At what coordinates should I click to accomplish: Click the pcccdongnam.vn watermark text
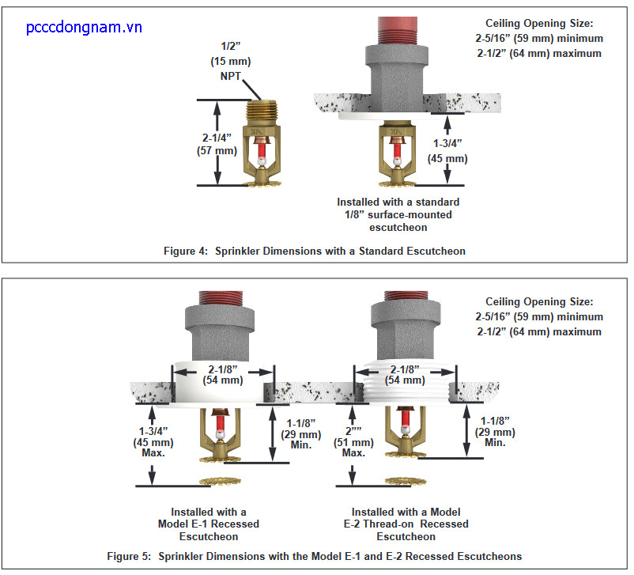[83, 28]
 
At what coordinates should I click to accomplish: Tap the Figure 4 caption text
[314, 251]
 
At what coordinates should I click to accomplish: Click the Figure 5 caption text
[314, 556]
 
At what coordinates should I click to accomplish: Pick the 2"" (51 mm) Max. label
[353, 442]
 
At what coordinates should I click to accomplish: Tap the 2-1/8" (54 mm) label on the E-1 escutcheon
[221, 374]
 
